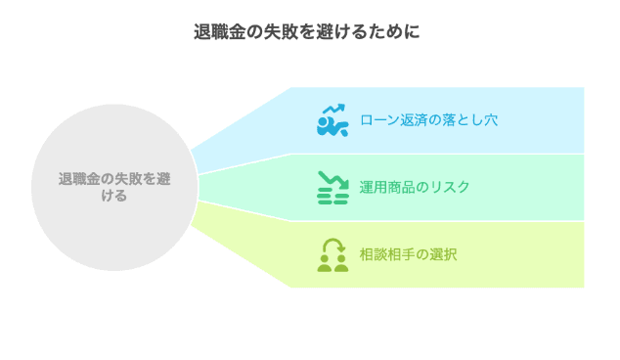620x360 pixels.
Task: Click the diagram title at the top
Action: click(x=309, y=31)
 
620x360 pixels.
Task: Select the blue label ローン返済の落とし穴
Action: click(x=428, y=120)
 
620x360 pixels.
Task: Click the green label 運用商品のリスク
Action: click(x=415, y=187)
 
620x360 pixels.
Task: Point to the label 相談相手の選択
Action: click(x=408, y=254)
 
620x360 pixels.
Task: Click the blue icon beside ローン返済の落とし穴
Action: click(x=332, y=120)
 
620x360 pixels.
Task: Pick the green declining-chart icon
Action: click(x=332, y=187)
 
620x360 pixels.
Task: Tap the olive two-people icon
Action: click(x=332, y=254)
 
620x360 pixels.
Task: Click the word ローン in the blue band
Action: click(x=376, y=120)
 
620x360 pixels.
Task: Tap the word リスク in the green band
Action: click(x=451, y=187)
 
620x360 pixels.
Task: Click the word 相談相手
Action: click(x=388, y=254)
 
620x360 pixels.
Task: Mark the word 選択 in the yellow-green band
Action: click(x=444, y=254)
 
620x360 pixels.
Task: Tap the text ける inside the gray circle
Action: click(x=114, y=196)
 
